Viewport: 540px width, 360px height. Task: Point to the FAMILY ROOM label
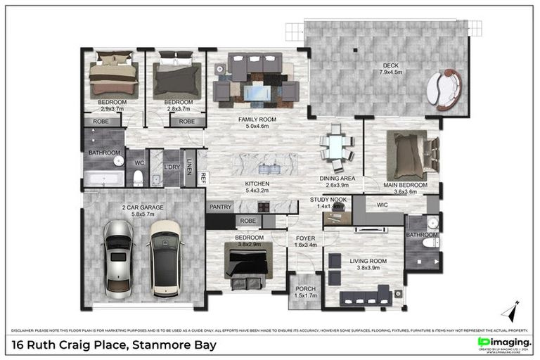pyautogui.click(x=257, y=120)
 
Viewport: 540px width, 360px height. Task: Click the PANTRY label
pyautogui.click(x=220, y=207)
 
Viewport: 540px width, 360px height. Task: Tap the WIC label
pyautogui.click(x=382, y=205)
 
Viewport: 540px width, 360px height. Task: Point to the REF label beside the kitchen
pyautogui.click(x=202, y=178)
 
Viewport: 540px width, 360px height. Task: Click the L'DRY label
pyautogui.click(x=172, y=167)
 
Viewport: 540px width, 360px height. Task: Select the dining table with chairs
pyautogui.click(x=336, y=147)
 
